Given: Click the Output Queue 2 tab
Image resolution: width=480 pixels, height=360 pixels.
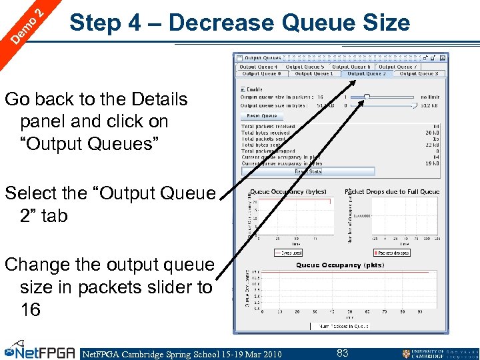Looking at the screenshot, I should tap(366, 74).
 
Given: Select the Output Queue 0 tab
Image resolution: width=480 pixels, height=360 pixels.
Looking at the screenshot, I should tap(259, 74).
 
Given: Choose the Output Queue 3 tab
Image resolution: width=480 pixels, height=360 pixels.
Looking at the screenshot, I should tap(418, 74).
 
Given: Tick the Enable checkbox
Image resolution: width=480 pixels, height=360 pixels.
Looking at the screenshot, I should tap(243, 89).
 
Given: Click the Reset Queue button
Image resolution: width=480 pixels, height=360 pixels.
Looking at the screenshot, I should tap(261, 116).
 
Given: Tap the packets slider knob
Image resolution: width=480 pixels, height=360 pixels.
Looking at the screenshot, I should tap(367, 97).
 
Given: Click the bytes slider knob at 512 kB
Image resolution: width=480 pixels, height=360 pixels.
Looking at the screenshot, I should tap(415, 105).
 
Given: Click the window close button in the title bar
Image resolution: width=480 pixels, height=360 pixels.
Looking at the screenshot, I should tap(443, 58).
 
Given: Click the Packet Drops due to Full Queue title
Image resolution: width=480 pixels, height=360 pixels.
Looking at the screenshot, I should tap(392, 192).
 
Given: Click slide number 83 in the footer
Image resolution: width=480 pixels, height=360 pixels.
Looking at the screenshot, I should tap(342, 353).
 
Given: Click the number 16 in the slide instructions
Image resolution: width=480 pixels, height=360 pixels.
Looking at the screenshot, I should tap(30, 309).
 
